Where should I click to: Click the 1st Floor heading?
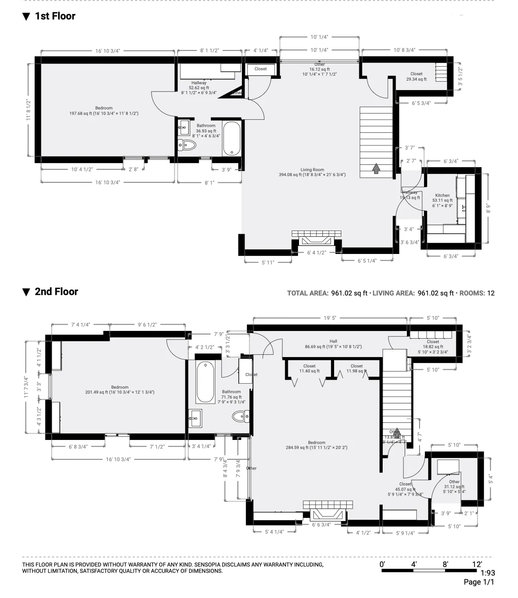[x=55, y=16]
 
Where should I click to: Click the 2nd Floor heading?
[x=56, y=292]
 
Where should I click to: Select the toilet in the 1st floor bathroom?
[x=188, y=145]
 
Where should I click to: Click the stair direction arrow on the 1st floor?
[x=376, y=168]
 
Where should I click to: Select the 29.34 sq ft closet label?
[x=416, y=77]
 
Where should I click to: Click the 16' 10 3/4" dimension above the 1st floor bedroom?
[x=108, y=51]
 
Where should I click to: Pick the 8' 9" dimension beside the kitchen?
[x=488, y=208]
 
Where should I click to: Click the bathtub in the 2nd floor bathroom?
[x=205, y=382]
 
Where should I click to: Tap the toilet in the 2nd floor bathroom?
[x=241, y=417]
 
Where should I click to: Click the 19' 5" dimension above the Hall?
[x=330, y=318]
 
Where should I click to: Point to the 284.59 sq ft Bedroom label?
[x=317, y=445]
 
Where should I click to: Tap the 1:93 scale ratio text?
[x=487, y=573]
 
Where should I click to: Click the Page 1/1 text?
[x=479, y=582]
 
